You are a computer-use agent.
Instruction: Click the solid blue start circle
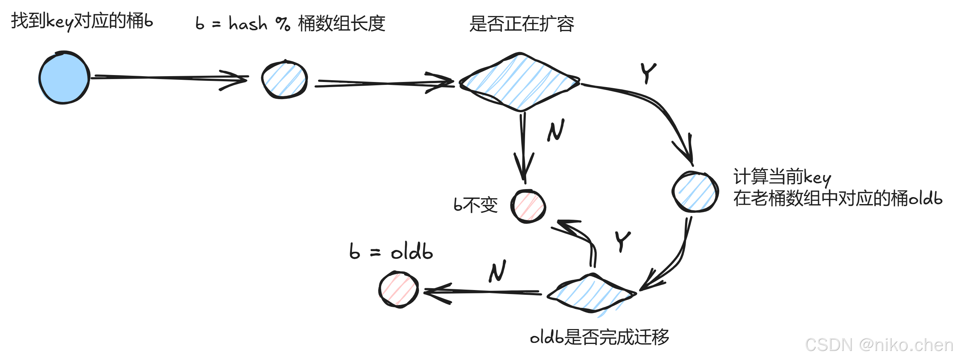click(x=64, y=78)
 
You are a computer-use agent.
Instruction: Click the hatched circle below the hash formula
click(x=284, y=79)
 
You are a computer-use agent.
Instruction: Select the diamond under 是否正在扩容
click(x=520, y=82)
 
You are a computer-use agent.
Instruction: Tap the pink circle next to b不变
click(x=528, y=207)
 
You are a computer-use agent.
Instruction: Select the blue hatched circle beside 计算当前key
click(x=695, y=192)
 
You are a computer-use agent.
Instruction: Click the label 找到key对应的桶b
click(x=82, y=21)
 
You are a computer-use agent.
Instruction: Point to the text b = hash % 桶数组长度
click(x=290, y=24)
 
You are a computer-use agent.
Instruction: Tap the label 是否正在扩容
click(x=521, y=24)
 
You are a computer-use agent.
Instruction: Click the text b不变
click(x=475, y=205)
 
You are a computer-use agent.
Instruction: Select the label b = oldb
click(x=391, y=252)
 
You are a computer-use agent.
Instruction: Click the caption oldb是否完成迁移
click(x=599, y=337)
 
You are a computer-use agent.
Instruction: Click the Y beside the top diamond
click(x=648, y=73)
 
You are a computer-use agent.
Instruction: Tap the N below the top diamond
click(x=556, y=130)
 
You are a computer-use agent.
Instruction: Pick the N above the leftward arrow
click(x=497, y=271)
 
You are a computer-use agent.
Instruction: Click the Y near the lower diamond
click(x=622, y=241)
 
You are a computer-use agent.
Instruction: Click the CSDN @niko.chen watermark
click(x=878, y=345)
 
